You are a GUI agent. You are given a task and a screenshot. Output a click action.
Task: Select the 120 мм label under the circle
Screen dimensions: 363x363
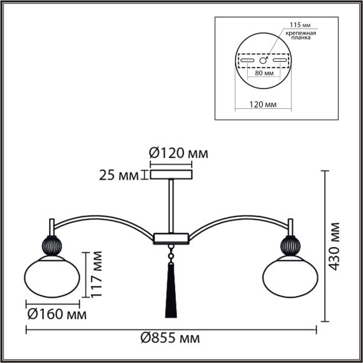[264, 103]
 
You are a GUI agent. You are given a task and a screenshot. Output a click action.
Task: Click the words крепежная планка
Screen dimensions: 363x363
[299, 35]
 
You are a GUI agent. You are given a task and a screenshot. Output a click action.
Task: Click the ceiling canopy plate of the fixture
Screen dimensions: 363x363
[170, 174]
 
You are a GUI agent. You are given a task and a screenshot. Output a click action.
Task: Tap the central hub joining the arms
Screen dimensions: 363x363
[170, 239]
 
